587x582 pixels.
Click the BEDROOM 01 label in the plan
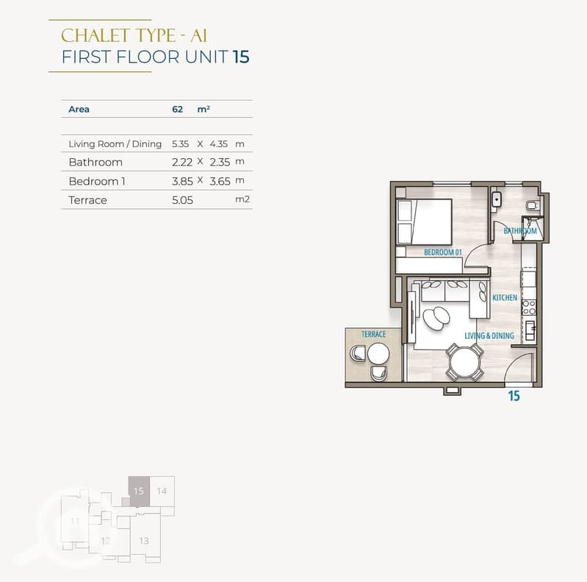[x=443, y=252]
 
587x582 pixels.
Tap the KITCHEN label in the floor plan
[x=505, y=297]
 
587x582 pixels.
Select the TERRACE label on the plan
[x=374, y=334]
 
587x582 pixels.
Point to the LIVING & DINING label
[x=489, y=336]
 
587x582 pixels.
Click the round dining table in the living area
[x=464, y=363]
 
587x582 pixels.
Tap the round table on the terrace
[x=378, y=354]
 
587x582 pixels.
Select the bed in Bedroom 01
[x=424, y=222]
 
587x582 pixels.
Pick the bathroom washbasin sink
[x=497, y=200]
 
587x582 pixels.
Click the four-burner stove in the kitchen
[x=529, y=308]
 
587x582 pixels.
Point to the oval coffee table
[x=436, y=319]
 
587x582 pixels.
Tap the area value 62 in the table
[x=178, y=109]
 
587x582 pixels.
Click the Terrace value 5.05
[x=182, y=200]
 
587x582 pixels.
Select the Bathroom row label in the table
[x=96, y=162]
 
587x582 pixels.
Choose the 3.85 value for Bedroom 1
[x=182, y=182]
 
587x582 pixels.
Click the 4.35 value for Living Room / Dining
[x=219, y=144]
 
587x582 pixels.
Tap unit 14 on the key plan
[x=162, y=491]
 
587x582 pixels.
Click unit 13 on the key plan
[x=144, y=541]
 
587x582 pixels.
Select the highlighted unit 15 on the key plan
[x=139, y=491]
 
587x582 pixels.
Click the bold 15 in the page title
[x=241, y=57]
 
